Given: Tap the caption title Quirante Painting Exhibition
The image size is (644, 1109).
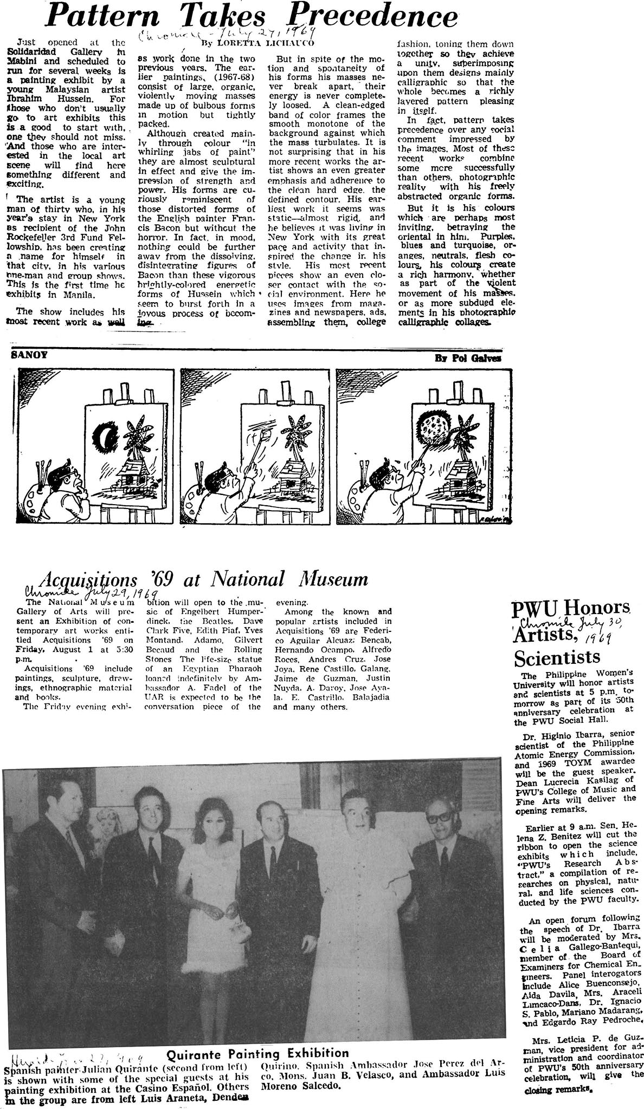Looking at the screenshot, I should [257, 1053].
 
